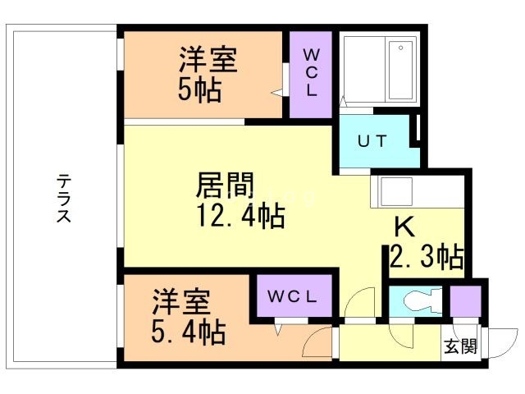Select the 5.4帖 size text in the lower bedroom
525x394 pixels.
(189, 332)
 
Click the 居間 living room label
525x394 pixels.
(223, 186)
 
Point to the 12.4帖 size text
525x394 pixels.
(240, 216)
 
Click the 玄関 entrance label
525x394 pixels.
(460, 346)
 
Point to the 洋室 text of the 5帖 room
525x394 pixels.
(208, 59)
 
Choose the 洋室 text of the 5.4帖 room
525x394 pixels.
(180, 300)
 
